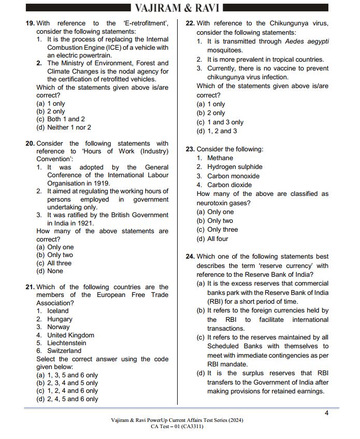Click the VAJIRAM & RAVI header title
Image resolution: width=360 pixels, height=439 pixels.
[177, 8]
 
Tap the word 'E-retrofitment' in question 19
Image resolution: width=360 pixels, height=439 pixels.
[146, 23]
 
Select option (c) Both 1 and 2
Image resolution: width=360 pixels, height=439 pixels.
[61, 119]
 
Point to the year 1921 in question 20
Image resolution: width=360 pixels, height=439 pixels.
[85, 223]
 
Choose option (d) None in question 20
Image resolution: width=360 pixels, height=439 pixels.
[50, 271]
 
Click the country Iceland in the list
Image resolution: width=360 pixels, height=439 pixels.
[58, 311]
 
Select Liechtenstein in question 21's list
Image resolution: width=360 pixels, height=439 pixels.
[67, 343]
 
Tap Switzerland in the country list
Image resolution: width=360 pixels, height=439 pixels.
[64, 351]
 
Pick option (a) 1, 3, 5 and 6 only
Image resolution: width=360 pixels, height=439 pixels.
[67, 375]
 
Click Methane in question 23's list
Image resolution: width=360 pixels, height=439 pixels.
[220, 158]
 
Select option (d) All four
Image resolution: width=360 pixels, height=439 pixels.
[212, 239]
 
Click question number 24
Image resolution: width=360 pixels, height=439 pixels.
[190, 257]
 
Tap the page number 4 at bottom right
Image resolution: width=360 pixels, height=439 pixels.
[326, 413]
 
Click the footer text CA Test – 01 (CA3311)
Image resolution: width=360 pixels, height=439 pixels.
[177, 427]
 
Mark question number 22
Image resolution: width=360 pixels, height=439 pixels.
[190, 23]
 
